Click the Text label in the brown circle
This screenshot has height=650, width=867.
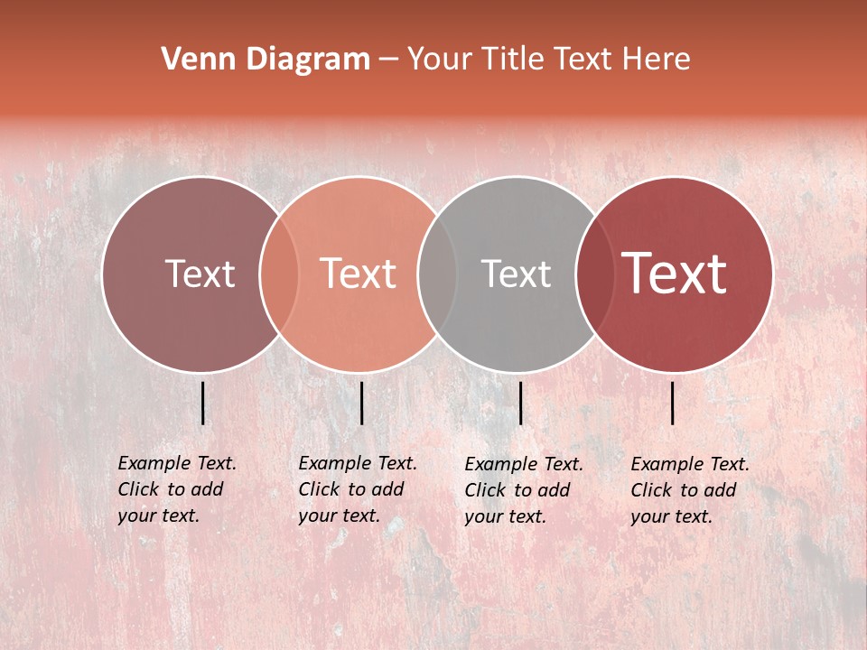(x=200, y=274)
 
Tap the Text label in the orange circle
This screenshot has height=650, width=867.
(x=359, y=274)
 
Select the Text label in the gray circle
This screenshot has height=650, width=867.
(x=516, y=274)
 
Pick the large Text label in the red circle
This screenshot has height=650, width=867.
(x=675, y=274)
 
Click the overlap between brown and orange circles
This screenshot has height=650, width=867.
(x=279, y=274)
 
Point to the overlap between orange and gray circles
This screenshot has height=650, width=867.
(x=437, y=274)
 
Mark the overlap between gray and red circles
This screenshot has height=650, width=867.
(x=595, y=274)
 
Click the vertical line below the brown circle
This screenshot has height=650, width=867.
(x=203, y=403)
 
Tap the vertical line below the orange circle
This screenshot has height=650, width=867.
(x=361, y=403)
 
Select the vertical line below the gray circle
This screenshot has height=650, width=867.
(x=520, y=403)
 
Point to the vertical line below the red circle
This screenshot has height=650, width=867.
(x=673, y=403)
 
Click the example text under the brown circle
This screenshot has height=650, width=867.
(x=176, y=489)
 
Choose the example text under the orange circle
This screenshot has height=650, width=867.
(x=357, y=489)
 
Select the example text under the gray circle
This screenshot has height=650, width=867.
(x=523, y=490)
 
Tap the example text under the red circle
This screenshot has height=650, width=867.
(x=689, y=490)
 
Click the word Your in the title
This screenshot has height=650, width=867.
(x=439, y=60)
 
